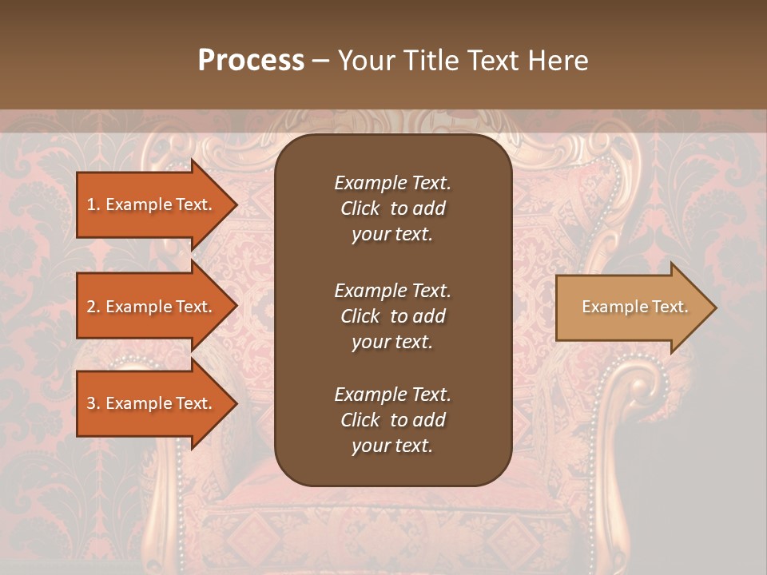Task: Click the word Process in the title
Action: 251,61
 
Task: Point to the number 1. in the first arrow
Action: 93,204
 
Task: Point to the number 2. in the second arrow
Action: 93,307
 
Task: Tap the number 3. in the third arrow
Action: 93,403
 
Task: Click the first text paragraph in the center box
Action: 392,208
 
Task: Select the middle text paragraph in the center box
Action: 392,315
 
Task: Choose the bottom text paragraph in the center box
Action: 392,420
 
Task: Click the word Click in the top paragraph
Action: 360,208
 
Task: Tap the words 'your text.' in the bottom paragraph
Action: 392,446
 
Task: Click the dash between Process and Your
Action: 320,61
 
